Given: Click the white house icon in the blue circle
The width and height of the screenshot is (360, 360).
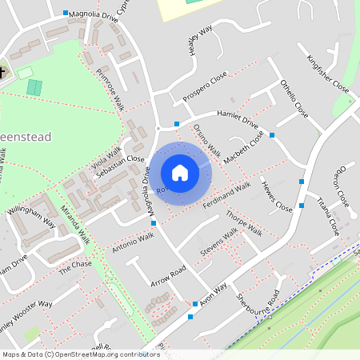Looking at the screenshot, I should (x=180, y=173).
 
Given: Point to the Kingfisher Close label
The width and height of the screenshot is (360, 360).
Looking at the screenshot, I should (x=328, y=73).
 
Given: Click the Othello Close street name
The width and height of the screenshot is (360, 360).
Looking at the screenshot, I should (x=294, y=98).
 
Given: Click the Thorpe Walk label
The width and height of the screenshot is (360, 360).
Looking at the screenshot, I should (x=244, y=224).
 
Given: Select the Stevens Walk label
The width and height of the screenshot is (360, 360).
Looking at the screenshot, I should (x=218, y=243).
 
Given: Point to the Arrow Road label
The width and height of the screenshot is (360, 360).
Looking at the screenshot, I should (x=167, y=280).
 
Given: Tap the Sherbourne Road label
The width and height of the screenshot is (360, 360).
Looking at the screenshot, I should (x=262, y=302).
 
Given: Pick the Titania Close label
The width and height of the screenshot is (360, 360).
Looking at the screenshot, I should (x=330, y=214).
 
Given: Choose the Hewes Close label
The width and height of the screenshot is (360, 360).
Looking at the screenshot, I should (x=277, y=195).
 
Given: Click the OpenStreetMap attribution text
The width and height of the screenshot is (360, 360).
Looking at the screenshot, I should (x=81, y=354).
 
